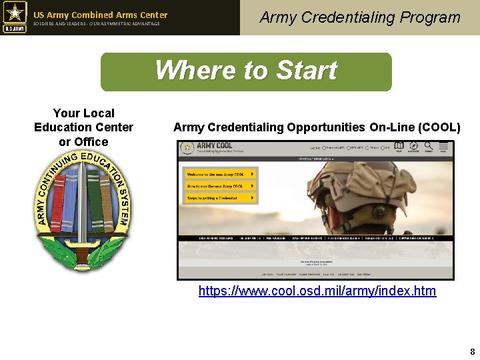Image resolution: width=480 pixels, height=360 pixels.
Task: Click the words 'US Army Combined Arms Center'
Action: tap(101, 15)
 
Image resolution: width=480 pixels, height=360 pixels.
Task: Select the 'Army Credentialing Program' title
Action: tap(360, 17)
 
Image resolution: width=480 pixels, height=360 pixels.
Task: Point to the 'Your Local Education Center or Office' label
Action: tap(83, 127)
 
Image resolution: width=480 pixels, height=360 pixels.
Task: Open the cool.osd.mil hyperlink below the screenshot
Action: tap(317, 291)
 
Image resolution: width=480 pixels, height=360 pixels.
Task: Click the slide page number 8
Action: tap(472, 351)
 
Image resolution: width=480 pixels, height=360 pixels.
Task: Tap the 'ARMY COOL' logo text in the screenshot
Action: tap(214, 145)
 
